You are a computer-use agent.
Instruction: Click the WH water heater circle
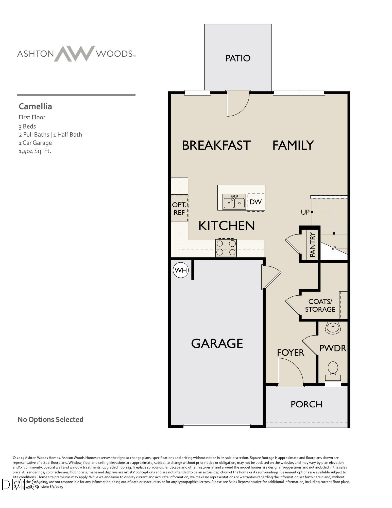pyautogui.click(x=181, y=270)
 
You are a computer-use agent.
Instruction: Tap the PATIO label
pyautogui.click(x=238, y=58)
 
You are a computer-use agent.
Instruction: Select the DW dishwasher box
pyautogui.click(x=255, y=202)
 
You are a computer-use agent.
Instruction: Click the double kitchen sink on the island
pyautogui.click(x=234, y=202)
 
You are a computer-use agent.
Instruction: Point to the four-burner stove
pyautogui.click(x=226, y=248)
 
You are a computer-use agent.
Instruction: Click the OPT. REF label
pyautogui.click(x=179, y=209)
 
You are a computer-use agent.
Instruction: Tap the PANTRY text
pyautogui.click(x=312, y=245)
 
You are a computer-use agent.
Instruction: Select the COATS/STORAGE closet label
pyautogui.click(x=320, y=305)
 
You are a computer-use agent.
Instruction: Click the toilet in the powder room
pyautogui.click(x=333, y=371)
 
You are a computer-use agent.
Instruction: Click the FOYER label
pyautogui.click(x=290, y=353)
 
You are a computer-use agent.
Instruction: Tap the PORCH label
pyautogui.click(x=306, y=404)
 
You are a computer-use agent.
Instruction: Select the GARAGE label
pyautogui.click(x=217, y=343)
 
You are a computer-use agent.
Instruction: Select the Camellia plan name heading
pyautogui.click(x=35, y=106)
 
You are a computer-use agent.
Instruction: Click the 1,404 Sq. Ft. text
pyautogui.click(x=35, y=151)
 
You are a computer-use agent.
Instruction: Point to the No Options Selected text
pyautogui.click(x=50, y=419)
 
